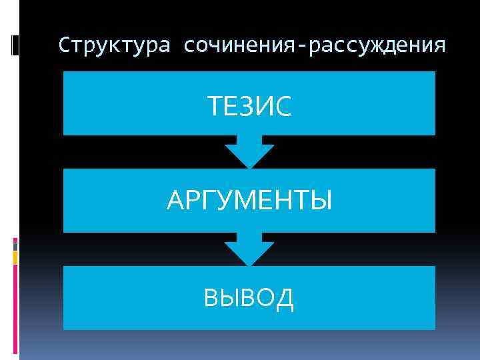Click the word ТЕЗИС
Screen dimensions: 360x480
pyautogui.click(x=249, y=107)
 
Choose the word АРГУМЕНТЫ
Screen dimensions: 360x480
pyautogui.click(x=249, y=201)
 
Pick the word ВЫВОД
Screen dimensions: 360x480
pyautogui.click(x=249, y=298)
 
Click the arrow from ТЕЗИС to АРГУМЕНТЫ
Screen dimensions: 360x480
pyautogui.click(x=249, y=153)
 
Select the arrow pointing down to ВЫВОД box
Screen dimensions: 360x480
pyautogui.click(x=249, y=250)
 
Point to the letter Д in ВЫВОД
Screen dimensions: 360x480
pyautogui.click(x=284, y=299)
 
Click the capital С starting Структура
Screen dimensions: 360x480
pyautogui.click(x=64, y=46)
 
